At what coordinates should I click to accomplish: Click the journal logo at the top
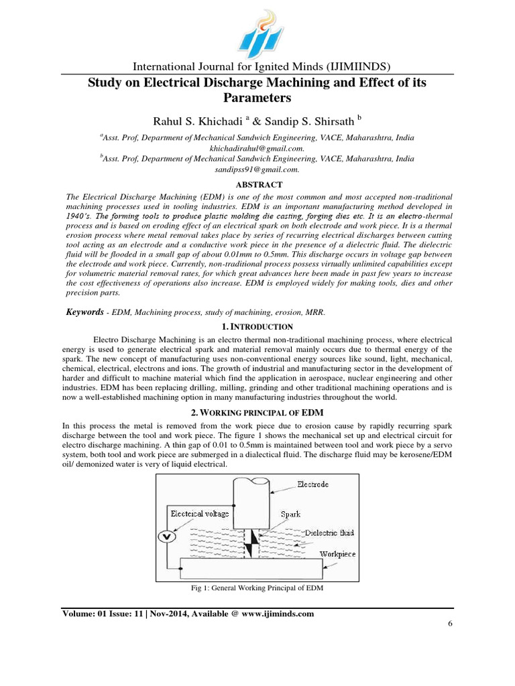pos(257,33)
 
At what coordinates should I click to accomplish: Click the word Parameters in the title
pos(257,98)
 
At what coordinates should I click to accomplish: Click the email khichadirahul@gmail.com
pos(257,148)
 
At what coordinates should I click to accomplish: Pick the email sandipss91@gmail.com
pos(257,170)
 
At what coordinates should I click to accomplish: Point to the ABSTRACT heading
pos(257,185)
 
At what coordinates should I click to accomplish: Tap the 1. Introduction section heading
pos(257,326)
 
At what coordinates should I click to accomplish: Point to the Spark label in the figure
pos(290,514)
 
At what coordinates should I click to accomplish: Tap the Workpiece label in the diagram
pos(337,554)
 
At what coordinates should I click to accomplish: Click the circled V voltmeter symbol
pos(168,537)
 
